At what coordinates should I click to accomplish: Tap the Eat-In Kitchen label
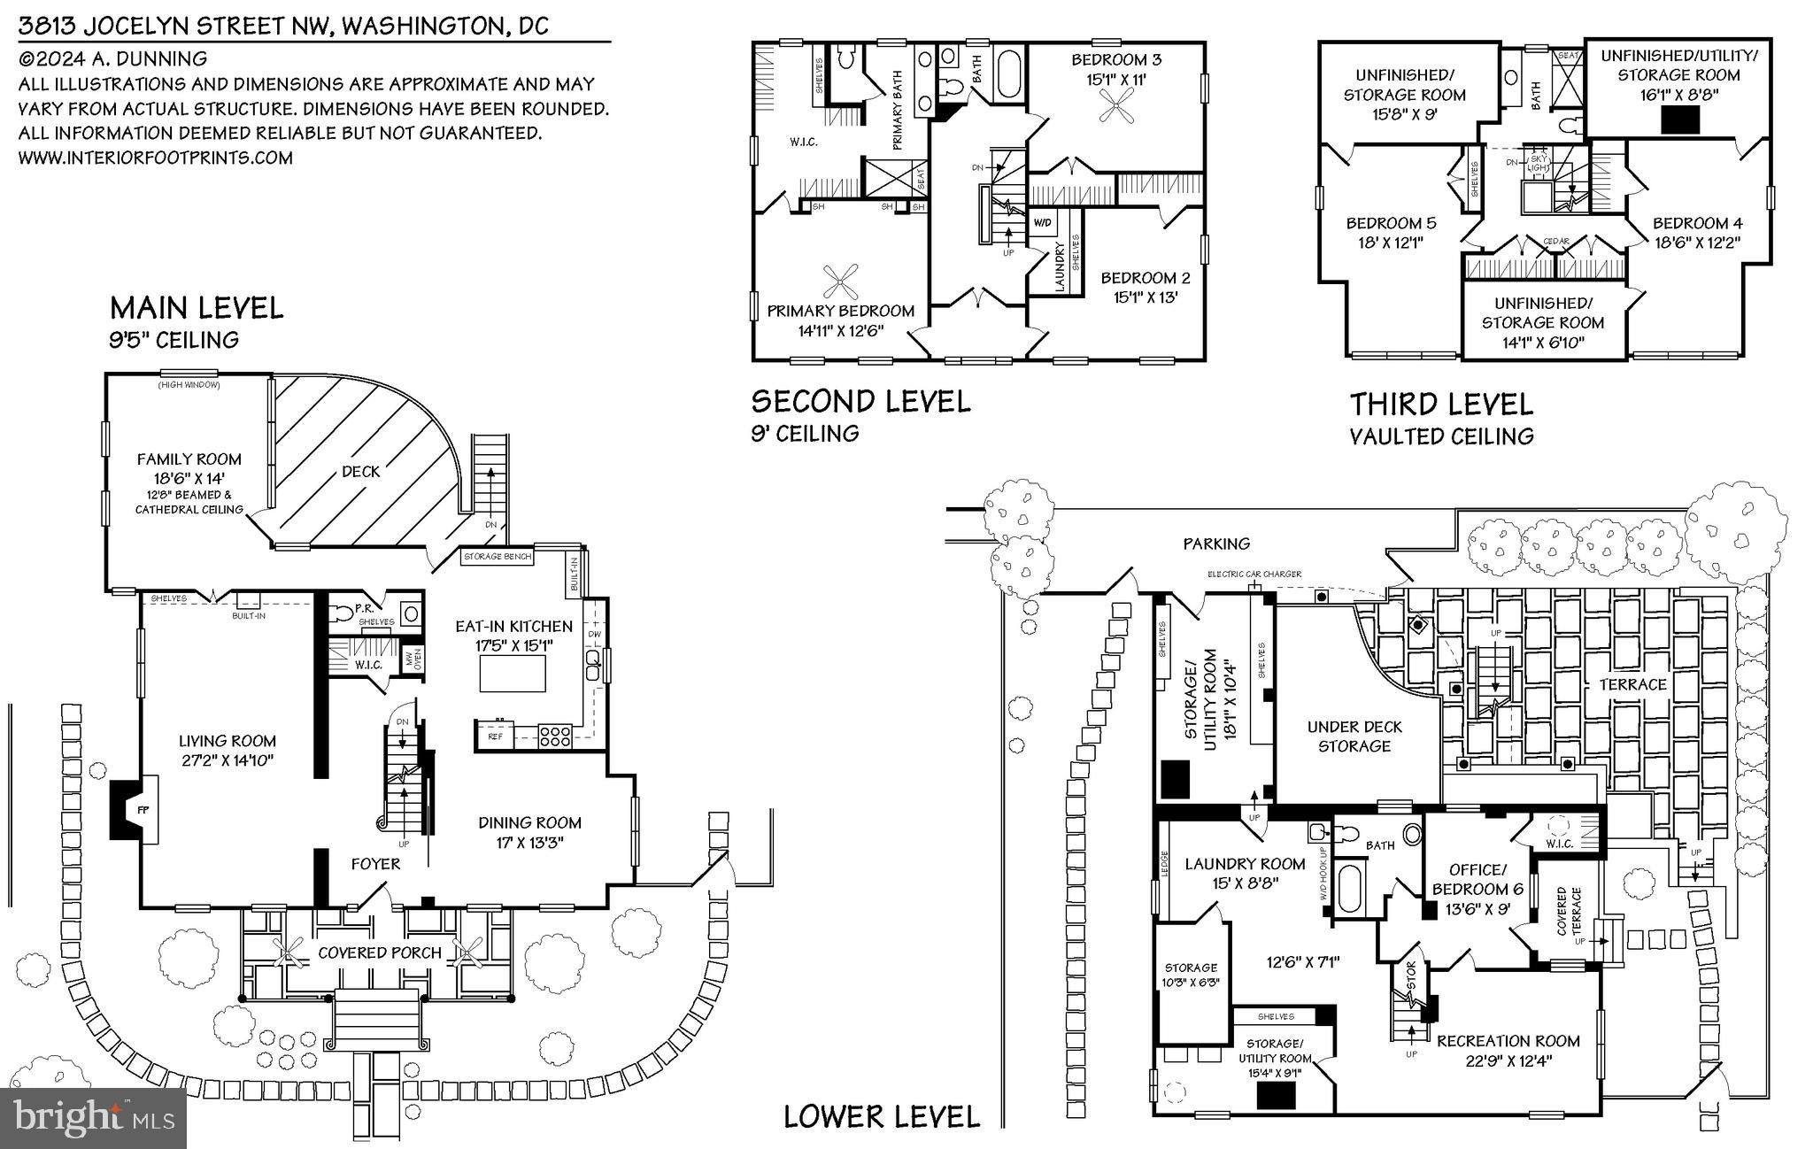pyautogui.click(x=513, y=627)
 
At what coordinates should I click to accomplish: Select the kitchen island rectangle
pyautogui.click(x=513, y=675)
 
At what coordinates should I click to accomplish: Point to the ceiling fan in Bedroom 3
pyautogui.click(x=1112, y=112)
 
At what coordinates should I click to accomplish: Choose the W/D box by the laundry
pyautogui.click(x=1041, y=222)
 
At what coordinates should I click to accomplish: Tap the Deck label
pyautogui.click(x=360, y=472)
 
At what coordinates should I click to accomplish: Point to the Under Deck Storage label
pyautogui.click(x=1354, y=736)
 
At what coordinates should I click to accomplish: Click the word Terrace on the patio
pyautogui.click(x=1632, y=684)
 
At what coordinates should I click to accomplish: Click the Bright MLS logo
pyautogui.click(x=93, y=1118)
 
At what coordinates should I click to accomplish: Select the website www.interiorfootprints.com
pyautogui.click(x=155, y=158)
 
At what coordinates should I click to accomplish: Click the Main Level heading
pyautogui.click(x=197, y=308)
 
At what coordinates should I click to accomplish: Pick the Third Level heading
pyautogui.click(x=1440, y=405)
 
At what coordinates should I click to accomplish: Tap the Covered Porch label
pyautogui.click(x=379, y=953)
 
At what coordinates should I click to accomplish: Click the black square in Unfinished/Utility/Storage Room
pyautogui.click(x=1678, y=119)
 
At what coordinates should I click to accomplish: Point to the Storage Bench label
pyautogui.click(x=498, y=557)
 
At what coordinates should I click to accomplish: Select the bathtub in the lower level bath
pyautogui.click(x=1349, y=890)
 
